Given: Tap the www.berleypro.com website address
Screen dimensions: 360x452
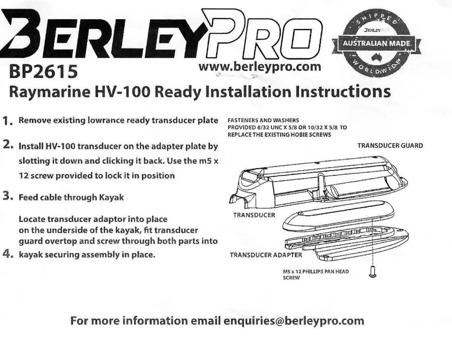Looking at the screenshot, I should coord(260,66).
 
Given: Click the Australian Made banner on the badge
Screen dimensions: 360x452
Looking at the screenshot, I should coord(377,44).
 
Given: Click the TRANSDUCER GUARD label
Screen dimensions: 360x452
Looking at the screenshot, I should coord(390,146).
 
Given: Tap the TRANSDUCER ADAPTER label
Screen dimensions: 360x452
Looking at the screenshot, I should coord(266,255).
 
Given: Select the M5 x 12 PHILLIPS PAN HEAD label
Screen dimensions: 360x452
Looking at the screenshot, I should coord(315,272).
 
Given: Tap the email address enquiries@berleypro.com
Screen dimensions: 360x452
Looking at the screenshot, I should coord(294,321).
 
